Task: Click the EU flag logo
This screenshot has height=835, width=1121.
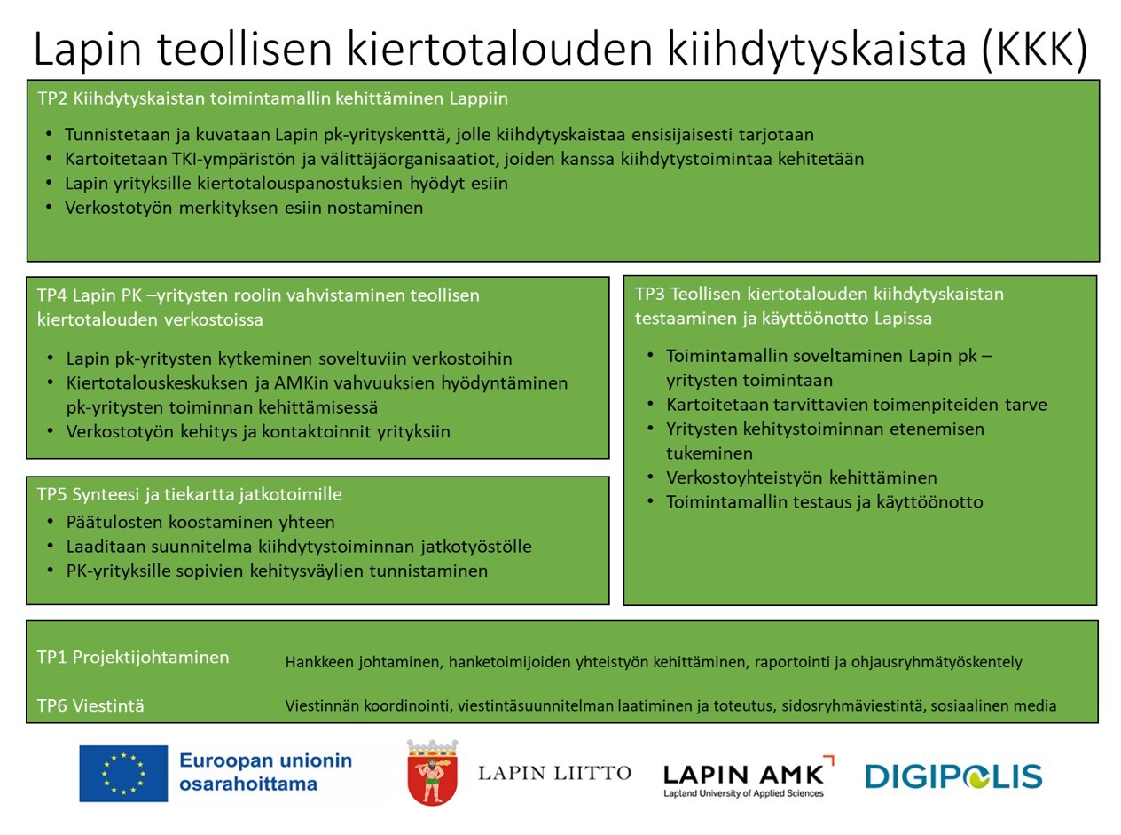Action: pyautogui.click(x=122, y=773)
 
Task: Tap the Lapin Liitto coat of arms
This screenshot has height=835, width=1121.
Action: pyautogui.click(x=432, y=773)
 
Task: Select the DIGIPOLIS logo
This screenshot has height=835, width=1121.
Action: pyautogui.click(x=953, y=777)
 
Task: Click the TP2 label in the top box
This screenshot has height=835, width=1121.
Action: pyautogui.click(x=52, y=98)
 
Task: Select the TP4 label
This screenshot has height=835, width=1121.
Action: pyautogui.click(x=51, y=295)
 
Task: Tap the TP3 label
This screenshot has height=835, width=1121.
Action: pyautogui.click(x=650, y=294)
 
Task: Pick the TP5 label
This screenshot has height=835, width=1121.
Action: pyautogui.click(x=51, y=494)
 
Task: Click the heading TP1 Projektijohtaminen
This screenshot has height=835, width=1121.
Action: pyautogui.click(x=133, y=658)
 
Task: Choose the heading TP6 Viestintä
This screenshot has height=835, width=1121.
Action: pyautogui.click(x=90, y=706)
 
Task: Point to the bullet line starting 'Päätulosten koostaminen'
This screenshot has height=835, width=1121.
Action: pyautogui.click(x=200, y=522)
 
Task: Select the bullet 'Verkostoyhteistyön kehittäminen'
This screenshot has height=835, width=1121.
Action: pyautogui.click(x=802, y=477)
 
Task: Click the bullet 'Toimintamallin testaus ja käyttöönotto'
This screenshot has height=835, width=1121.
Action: pyautogui.click(x=825, y=502)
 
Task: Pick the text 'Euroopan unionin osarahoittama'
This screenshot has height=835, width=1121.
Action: pyautogui.click(x=265, y=772)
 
